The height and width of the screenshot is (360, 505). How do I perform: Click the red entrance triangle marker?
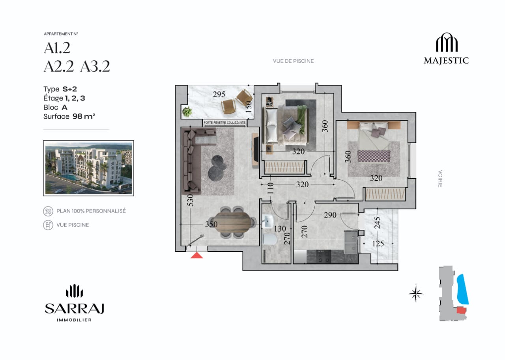point(196,255)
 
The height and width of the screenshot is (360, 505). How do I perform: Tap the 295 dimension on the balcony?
point(219,94)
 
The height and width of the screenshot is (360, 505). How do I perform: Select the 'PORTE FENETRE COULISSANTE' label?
point(224,123)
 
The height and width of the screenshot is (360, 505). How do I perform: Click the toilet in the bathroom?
point(269,239)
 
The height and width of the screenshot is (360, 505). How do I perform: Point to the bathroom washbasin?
point(268,221)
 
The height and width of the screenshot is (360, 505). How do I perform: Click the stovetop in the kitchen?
point(324,257)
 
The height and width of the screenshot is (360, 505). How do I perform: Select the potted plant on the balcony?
point(187,112)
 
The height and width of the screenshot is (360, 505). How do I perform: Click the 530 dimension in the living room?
point(191,200)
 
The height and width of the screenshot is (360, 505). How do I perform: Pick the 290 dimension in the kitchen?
point(330,215)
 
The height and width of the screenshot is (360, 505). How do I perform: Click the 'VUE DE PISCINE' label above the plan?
point(293,61)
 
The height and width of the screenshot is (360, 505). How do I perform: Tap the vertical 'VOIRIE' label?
point(440,179)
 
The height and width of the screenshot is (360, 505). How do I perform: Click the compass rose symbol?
point(416,293)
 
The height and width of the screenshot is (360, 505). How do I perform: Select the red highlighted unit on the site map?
point(461,310)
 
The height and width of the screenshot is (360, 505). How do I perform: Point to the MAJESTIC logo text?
point(446,61)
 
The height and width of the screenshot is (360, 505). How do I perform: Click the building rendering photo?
point(88,168)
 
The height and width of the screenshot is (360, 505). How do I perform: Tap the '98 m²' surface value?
point(84,116)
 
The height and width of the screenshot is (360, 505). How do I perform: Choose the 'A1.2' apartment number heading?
point(57,48)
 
